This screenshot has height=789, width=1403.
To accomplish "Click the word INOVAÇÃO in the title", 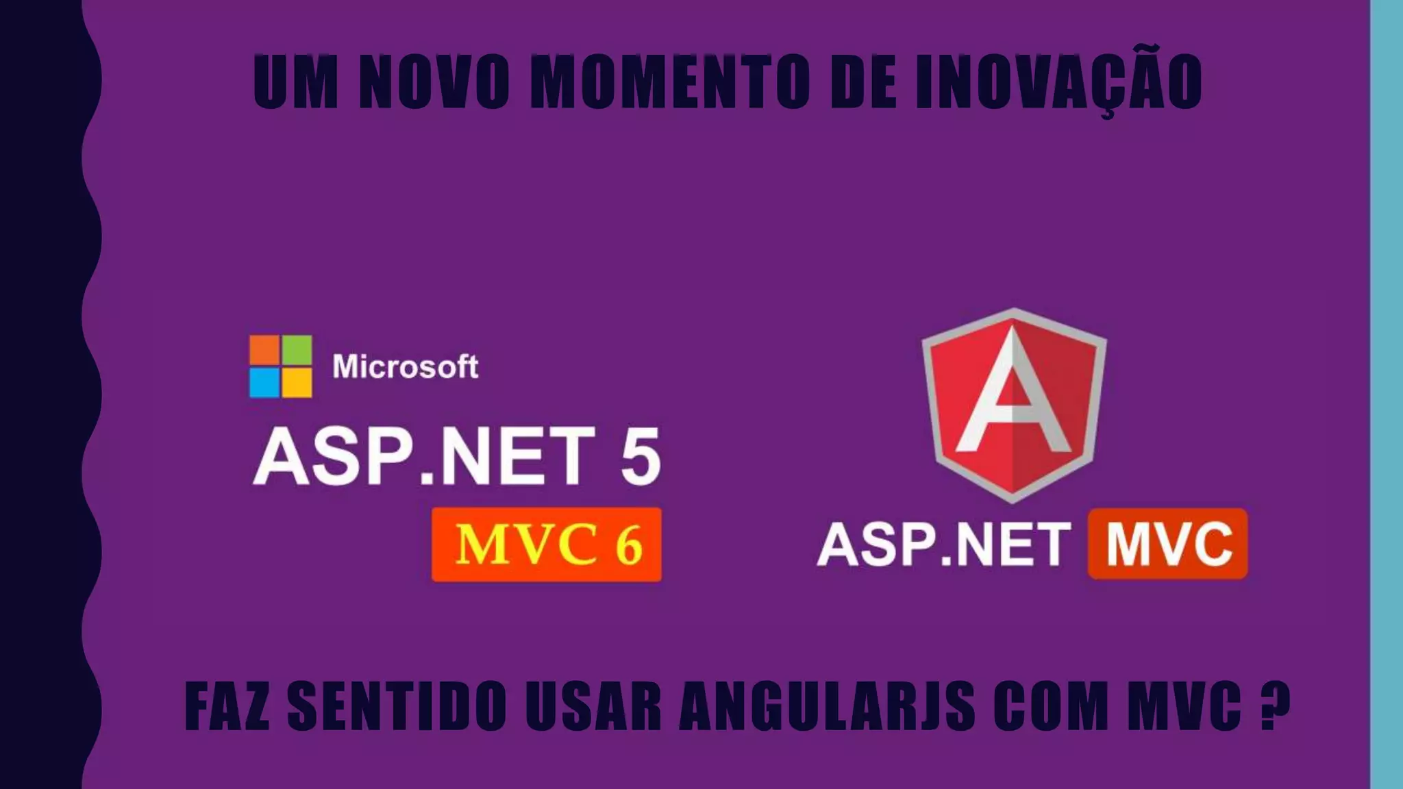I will [x=1058, y=82].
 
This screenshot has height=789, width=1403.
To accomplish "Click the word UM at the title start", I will [x=295, y=82].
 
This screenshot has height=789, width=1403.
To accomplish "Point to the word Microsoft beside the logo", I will [x=405, y=367].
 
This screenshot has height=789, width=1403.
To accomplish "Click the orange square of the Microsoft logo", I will [x=264, y=350].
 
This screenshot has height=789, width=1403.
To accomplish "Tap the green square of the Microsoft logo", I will [x=297, y=350].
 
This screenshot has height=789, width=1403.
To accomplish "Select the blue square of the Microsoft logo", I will [x=264, y=383].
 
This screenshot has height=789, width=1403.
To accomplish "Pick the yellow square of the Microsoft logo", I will [x=297, y=383].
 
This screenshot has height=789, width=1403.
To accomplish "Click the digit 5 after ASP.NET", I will [x=641, y=457].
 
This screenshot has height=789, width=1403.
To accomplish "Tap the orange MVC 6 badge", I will [x=547, y=545].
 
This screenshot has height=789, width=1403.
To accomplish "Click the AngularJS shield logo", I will [x=1014, y=404].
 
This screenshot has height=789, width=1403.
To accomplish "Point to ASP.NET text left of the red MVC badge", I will [x=943, y=545].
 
